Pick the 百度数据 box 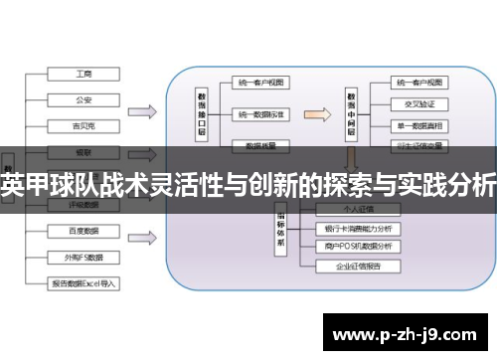click(83, 231)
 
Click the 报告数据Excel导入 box click(83, 282)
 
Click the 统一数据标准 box click(260, 114)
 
